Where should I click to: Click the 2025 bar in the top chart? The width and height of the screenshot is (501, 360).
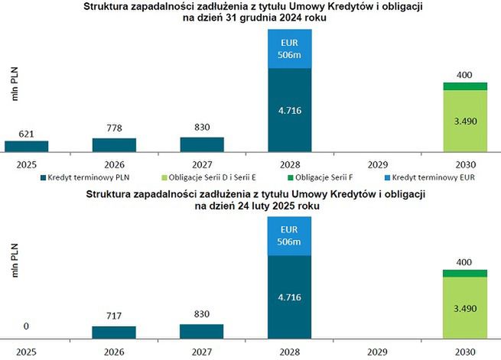click(26, 146)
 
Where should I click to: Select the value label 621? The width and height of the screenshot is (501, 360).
click(26, 133)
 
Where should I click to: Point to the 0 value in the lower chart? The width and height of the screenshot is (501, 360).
click(26, 326)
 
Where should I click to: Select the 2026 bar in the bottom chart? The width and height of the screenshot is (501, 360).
click(114, 332)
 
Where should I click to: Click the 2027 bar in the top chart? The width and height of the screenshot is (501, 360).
click(202, 144)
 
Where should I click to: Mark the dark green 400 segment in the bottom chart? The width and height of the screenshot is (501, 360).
click(465, 273)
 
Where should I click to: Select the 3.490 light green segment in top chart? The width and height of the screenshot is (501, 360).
click(465, 120)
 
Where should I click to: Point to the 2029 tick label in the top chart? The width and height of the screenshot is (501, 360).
click(377, 163)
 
